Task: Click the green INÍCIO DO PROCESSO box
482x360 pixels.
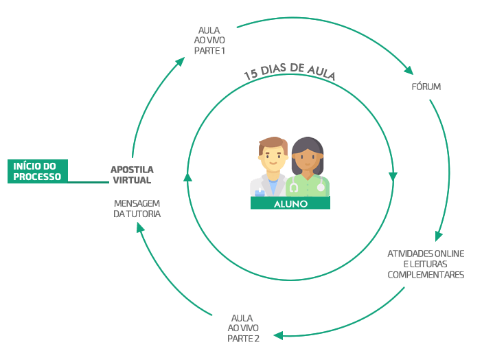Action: tap(38, 171)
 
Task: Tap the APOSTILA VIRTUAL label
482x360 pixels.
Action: tap(133, 175)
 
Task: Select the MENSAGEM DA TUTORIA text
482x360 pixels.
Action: tap(137, 209)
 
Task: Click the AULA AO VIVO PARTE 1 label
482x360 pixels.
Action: tap(209, 41)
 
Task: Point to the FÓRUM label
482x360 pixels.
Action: tap(426, 87)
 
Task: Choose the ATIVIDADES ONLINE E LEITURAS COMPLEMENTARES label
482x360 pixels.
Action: tap(426, 264)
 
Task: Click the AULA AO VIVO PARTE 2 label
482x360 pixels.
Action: tap(243, 328)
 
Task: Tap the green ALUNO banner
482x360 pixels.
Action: tap(290, 203)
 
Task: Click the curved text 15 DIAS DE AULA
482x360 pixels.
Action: tap(290, 71)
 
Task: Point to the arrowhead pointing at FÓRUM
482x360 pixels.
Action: tap(409, 70)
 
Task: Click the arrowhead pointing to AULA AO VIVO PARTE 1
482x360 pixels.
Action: tap(179, 62)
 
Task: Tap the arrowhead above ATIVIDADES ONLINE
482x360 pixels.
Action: tap(439, 236)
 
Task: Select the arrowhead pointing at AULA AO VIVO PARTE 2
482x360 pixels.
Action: tap(278, 335)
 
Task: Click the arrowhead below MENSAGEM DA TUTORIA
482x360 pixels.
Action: tap(141, 228)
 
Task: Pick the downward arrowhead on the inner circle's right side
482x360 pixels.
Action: tap(393, 177)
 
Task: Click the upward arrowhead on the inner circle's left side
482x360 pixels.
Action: tap(187, 177)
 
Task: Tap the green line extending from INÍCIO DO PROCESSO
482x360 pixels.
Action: tap(89, 183)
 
